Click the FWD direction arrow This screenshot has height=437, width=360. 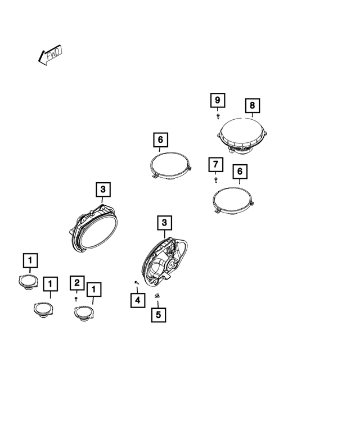[x=50, y=55]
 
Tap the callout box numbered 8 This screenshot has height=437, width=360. [x=252, y=105]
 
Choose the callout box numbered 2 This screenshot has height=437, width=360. [x=77, y=283]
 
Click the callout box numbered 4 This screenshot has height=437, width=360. [x=137, y=300]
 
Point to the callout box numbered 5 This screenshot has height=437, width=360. [x=158, y=314]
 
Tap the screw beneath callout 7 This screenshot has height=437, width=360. [x=215, y=179]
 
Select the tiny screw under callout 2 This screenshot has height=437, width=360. [x=76, y=299]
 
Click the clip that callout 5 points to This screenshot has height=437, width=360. [x=157, y=296]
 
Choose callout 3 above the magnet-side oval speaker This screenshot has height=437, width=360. [x=164, y=223]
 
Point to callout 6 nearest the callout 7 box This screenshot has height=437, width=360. [x=240, y=171]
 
